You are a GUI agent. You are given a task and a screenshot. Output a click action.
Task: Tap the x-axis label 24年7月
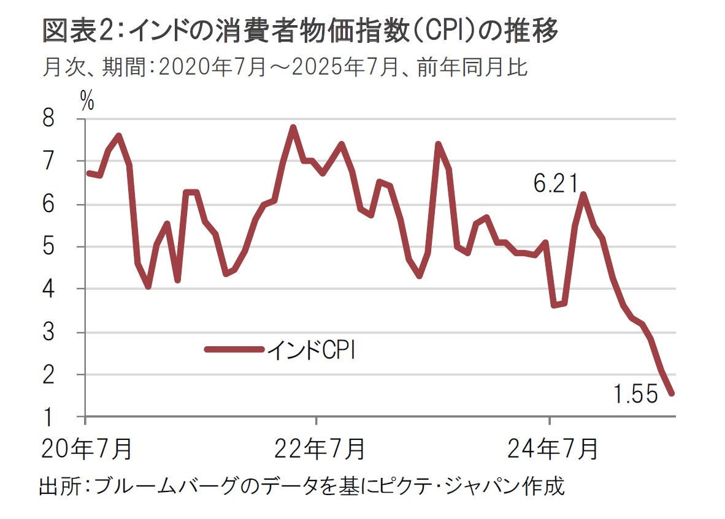click(x=551, y=449)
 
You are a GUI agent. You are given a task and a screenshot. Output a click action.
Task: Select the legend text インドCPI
click(x=312, y=351)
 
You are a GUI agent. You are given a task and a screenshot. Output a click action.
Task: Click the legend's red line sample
click(x=234, y=350)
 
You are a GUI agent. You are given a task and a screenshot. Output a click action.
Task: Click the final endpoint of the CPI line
click(x=672, y=393)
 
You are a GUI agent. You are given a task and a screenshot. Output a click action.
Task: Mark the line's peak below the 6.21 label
click(x=583, y=195)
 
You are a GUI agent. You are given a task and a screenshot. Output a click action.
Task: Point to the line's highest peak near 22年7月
click(x=293, y=127)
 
